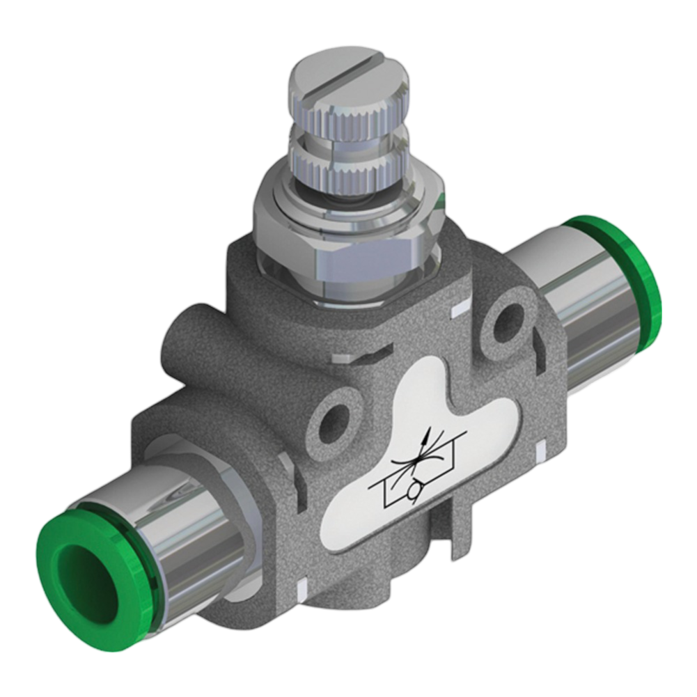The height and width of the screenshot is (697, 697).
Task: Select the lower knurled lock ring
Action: pos(349,171)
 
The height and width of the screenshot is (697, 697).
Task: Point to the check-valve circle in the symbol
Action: pos(416,492)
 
